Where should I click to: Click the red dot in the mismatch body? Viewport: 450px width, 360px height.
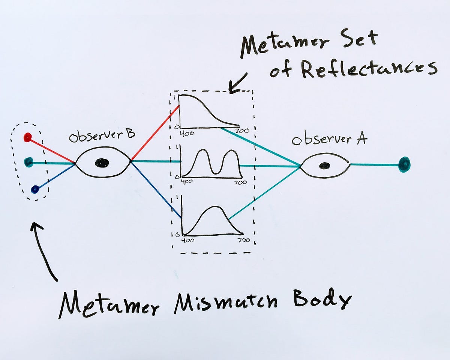pyautogui.click(x=27, y=137)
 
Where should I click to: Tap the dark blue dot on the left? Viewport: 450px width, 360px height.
pyautogui.click(x=35, y=190)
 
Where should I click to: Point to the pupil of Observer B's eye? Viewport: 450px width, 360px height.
pyautogui.click(x=102, y=163)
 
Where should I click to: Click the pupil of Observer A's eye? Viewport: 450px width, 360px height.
pyautogui.click(x=325, y=165)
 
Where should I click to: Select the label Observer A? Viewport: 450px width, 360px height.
pyautogui.click(x=329, y=140)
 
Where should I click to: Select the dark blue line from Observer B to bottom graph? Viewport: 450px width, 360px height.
pyautogui.click(x=156, y=190)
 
